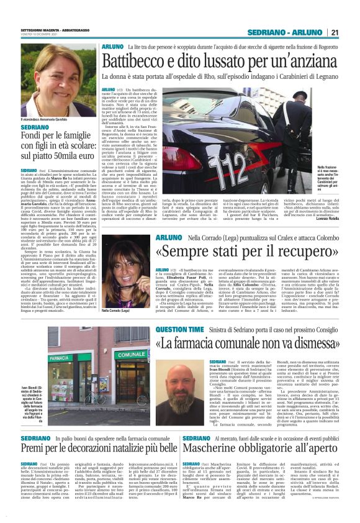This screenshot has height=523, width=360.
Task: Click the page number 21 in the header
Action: pyautogui.click(x=334, y=33)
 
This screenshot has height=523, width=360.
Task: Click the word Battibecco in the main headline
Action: pyautogui.click(x=133, y=61)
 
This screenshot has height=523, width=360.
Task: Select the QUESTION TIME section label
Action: pyautogui.click(x=178, y=330)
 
